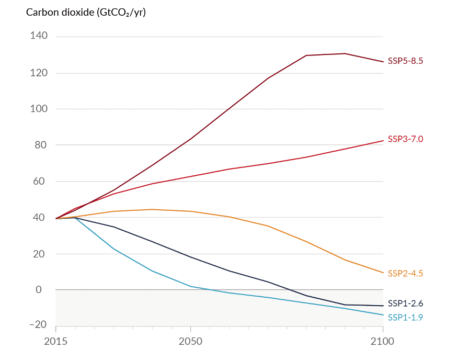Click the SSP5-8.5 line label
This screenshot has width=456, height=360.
pos(405,61)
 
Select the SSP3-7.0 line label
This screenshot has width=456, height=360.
pos(405,139)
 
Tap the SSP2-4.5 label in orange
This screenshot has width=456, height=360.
pos(405,273)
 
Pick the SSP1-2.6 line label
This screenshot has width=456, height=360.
pos(405,303)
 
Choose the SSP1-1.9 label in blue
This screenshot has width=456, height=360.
pos(405,317)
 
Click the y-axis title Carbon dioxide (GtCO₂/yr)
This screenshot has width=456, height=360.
pos(86,12)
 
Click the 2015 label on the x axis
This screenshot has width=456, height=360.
pos(55,342)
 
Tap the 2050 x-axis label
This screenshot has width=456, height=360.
pos(191,342)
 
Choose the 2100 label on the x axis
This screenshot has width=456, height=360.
pos(383,342)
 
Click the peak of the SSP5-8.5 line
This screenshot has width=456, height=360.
pos(345,53)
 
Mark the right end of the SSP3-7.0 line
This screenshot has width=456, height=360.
pos(383,140)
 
